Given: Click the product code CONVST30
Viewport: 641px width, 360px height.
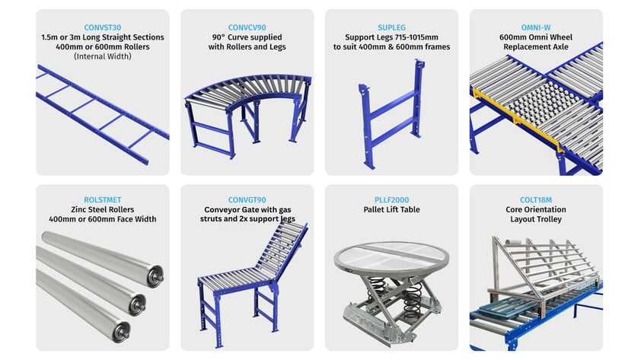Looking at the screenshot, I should click(x=102, y=27).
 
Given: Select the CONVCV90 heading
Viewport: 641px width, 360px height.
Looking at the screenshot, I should click(x=247, y=27).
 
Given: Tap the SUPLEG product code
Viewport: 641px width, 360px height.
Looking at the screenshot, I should click(x=391, y=27).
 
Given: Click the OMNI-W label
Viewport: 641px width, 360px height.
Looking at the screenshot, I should click(x=537, y=27).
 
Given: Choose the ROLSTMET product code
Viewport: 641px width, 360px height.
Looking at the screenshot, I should click(x=102, y=200).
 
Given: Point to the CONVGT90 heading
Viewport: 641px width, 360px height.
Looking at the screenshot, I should click(x=247, y=200).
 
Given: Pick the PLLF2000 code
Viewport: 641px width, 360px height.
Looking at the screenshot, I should click(x=391, y=200).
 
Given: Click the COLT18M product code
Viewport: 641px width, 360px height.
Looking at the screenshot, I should click(x=537, y=200).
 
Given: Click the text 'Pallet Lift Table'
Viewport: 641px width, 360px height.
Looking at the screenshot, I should click(x=391, y=210).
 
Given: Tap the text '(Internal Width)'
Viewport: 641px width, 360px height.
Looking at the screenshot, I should click(x=102, y=56).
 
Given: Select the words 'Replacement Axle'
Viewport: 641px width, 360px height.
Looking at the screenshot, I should click(x=537, y=47).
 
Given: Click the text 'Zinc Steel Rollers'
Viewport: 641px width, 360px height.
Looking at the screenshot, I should click(x=102, y=210).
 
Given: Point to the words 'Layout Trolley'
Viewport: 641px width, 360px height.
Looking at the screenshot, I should click(x=537, y=219).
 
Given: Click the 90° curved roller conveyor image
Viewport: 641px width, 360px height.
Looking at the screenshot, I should click(x=247, y=103).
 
